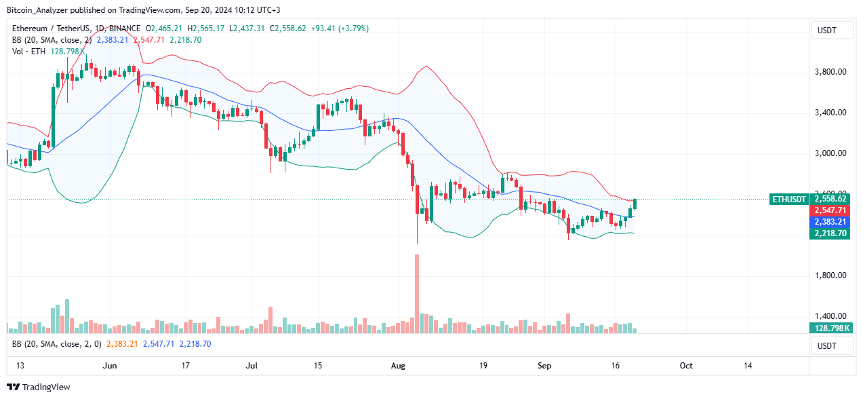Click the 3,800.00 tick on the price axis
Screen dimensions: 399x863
(x=831, y=72)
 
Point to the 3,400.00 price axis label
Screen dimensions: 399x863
(x=831, y=113)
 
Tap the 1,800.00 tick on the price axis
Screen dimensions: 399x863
(x=831, y=275)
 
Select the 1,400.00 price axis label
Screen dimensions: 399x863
(x=831, y=316)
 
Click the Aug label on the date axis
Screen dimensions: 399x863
(x=399, y=366)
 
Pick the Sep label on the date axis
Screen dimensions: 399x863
(x=544, y=366)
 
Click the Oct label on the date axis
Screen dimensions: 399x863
(x=686, y=366)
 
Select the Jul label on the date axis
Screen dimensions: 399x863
(x=252, y=366)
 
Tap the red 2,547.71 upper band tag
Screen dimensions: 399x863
(x=830, y=210)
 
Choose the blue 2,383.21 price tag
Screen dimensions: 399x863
(x=830, y=222)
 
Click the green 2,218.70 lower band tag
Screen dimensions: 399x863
(x=830, y=233)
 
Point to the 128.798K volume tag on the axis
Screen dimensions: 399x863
(x=830, y=328)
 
